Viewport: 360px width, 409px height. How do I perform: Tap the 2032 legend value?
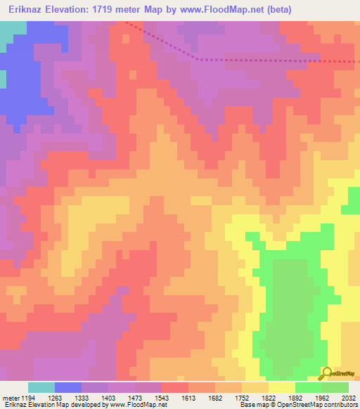(x=346, y=398)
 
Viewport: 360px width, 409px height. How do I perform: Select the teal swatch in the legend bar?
(x=41, y=387)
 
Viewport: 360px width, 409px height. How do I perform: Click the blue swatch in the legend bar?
(x=68, y=387)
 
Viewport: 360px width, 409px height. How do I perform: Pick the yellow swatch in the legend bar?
(x=281, y=387)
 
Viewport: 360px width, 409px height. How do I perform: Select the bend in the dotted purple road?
(x=198, y=59)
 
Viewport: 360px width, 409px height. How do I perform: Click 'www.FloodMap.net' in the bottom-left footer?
(x=139, y=405)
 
